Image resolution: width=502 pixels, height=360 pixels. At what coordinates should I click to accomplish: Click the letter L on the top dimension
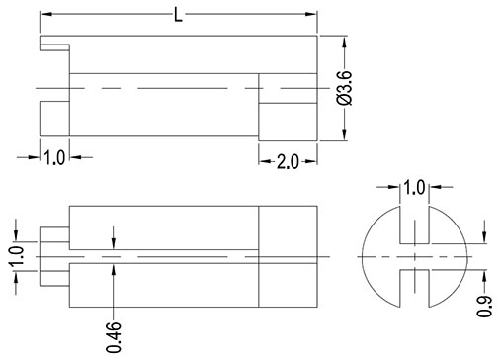178,15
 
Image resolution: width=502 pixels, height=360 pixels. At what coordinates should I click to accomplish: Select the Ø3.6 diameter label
345,88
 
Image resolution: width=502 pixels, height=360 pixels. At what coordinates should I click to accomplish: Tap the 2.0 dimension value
288,162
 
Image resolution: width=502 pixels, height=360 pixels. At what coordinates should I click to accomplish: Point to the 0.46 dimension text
114,337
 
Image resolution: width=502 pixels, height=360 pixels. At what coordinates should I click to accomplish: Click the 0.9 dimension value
484,307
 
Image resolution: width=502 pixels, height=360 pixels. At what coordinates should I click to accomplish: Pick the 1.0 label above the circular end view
414,188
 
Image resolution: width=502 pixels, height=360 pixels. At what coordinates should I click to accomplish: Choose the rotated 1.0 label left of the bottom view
16,256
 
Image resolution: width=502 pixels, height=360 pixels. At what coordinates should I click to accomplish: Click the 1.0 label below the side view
54,157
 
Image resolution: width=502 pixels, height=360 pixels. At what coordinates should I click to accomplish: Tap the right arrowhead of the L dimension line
311,14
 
